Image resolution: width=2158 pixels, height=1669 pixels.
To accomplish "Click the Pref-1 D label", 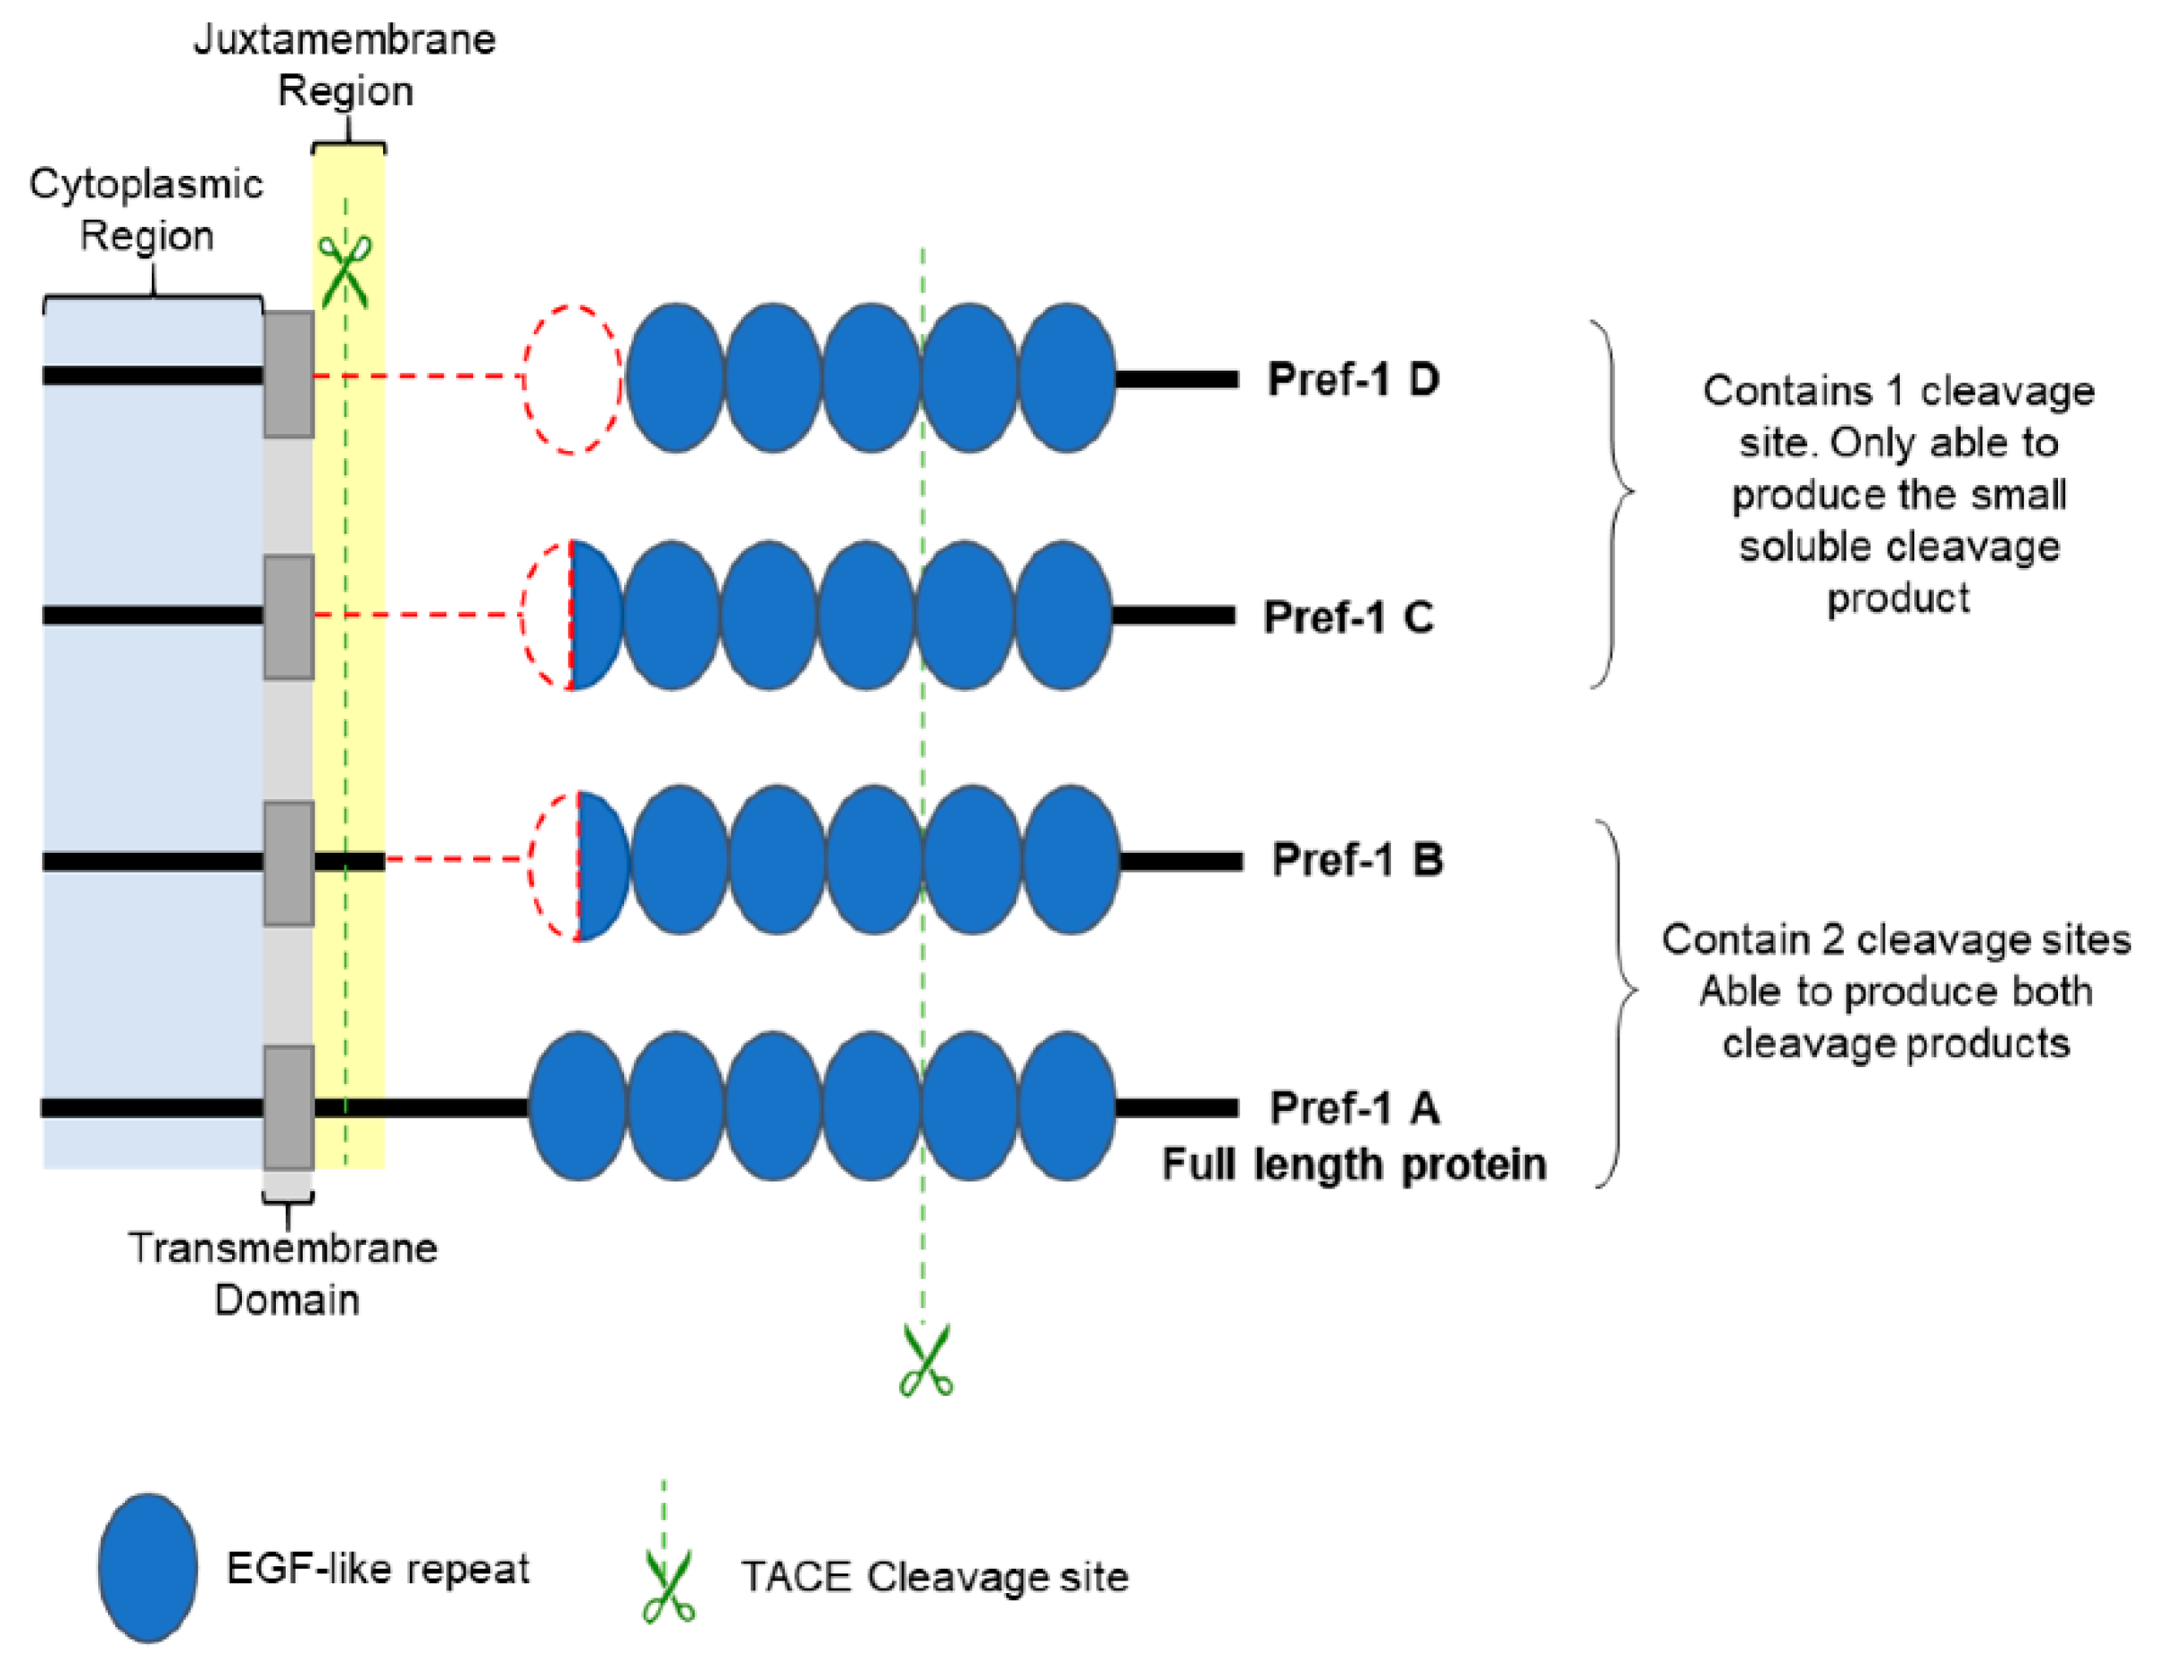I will pos(1352,380).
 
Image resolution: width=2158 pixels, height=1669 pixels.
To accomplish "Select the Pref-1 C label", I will pos(1348,618).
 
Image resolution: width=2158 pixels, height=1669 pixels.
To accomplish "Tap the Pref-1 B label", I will pos(1356,860).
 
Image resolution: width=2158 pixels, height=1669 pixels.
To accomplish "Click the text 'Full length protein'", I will pos(1353,1165).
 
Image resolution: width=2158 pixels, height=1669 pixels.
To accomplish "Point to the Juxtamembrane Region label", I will pos(345,65).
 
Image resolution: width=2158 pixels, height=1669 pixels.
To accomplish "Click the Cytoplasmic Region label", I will pos(146,210).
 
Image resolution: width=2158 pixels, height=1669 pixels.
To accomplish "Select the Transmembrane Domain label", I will pos(285,1273).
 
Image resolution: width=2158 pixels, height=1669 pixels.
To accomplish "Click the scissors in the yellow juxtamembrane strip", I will pos(345,271).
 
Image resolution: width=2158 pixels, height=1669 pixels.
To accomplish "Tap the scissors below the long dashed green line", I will pos(926,1361).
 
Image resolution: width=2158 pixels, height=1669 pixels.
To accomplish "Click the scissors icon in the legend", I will pos(668,1587).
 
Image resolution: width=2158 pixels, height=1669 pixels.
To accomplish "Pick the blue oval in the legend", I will pos(148,1568).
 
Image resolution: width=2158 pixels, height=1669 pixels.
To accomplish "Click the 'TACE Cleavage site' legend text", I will pos(935,1577).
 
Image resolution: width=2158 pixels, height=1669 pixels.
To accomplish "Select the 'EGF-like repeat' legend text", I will pos(378,1569).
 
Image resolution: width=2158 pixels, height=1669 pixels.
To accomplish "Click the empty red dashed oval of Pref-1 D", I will pos(572,380).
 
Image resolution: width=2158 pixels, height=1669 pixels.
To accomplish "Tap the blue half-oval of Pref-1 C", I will pos(596,615).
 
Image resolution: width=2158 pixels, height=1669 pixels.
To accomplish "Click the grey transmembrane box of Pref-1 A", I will pos(288,1107).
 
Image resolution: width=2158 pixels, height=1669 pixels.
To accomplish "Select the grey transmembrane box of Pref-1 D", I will pos(288,374).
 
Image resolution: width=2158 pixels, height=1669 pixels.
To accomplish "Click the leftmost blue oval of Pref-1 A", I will pos(578,1106).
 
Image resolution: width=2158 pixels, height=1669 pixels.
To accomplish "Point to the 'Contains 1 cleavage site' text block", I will pos(1898,494).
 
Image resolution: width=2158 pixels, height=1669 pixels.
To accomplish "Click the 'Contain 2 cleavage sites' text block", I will pos(1896,991).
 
